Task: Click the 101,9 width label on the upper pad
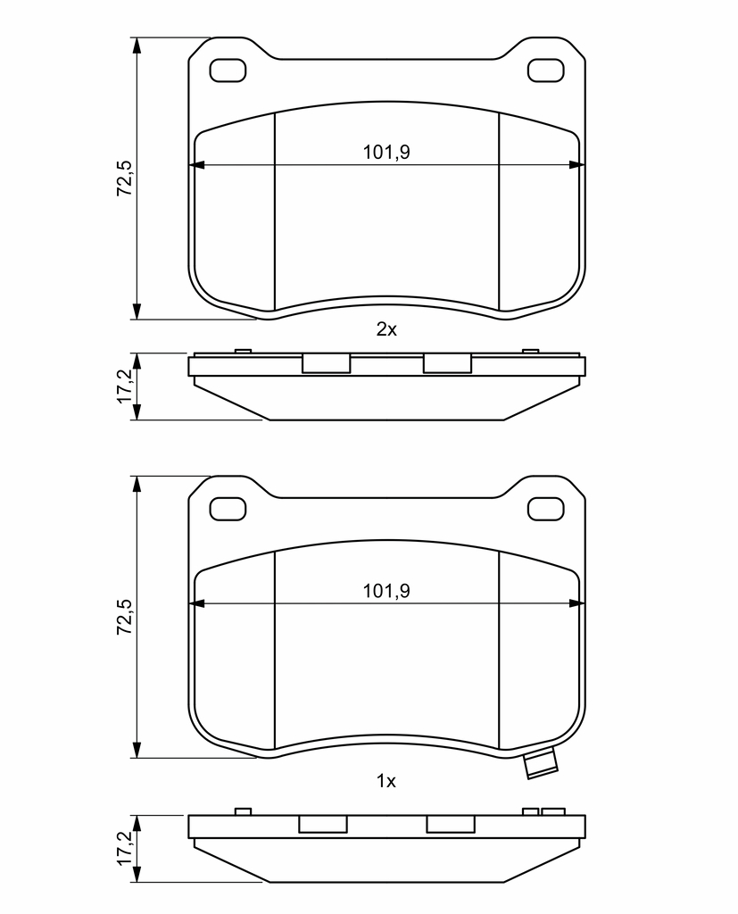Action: (x=386, y=152)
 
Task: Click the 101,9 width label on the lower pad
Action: (x=386, y=591)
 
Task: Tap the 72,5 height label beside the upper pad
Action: (x=125, y=178)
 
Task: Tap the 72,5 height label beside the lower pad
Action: (x=125, y=617)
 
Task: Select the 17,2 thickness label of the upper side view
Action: (x=125, y=386)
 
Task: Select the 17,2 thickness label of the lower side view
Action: (x=125, y=848)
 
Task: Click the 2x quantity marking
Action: (x=386, y=329)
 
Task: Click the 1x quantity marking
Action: (x=386, y=780)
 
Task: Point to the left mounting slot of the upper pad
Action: (x=228, y=71)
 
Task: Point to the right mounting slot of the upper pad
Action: (x=545, y=71)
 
